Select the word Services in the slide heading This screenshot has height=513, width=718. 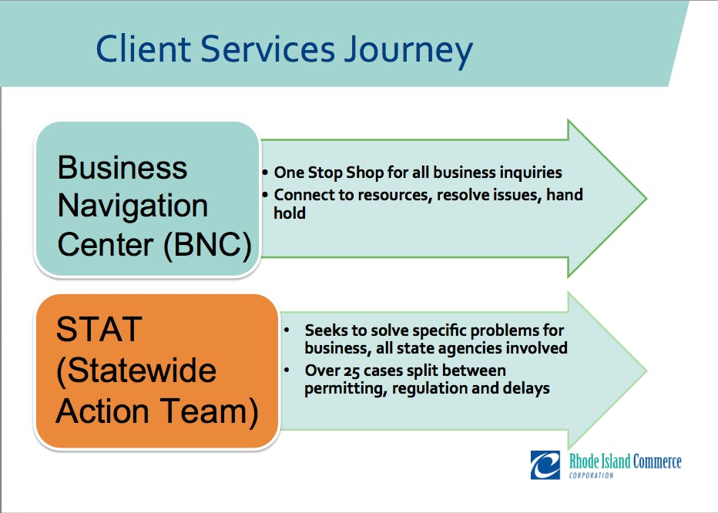point(268,48)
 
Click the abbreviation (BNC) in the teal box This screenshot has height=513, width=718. point(207,245)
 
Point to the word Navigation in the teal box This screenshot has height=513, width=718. point(133,206)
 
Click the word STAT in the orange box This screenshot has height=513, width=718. point(99,329)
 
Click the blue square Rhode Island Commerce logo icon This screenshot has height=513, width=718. point(545,465)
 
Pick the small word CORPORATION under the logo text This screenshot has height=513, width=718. point(591,475)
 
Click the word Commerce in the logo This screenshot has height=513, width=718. point(657,461)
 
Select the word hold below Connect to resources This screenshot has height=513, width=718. point(290,213)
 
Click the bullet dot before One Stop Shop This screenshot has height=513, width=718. point(265,173)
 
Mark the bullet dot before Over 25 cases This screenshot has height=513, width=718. point(287,370)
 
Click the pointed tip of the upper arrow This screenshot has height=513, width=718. point(646,199)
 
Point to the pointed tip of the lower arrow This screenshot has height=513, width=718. point(646,371)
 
